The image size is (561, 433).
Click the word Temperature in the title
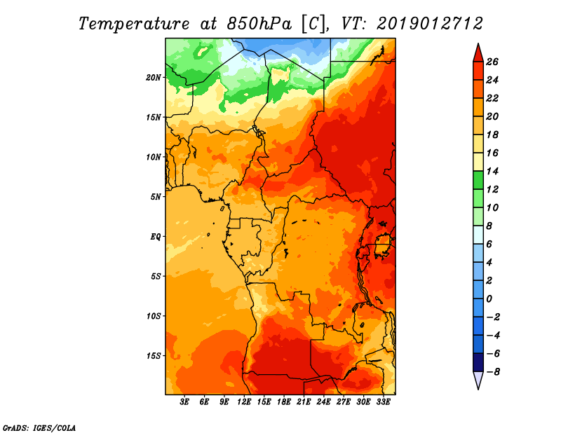(x=134, y=24)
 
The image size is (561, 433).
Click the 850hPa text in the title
(x=259, y=24)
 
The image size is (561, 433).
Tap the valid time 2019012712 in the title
(x=430, y=24)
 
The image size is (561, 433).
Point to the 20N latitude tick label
(x=153, y=78)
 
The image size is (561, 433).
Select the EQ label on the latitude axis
(x=155, y=237)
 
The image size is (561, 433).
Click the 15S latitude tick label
(x=153, y=356)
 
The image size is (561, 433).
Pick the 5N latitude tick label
(x=155, y=197)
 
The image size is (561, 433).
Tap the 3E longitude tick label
(x=184, y=402)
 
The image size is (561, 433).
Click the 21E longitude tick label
(x=304, y=402)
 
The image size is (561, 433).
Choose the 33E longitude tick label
(x=383, y=402)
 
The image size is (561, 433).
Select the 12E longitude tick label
(x=244, y=402)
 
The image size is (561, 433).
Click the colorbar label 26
(x=492, y=62)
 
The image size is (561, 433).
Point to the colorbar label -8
(x=493, y=372)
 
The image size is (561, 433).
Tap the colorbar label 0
(x=489, y=299)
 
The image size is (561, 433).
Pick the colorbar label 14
(x=492, y=171)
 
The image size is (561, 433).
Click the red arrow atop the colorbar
(x=478, y=53)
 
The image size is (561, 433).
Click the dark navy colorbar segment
(x=478, y=362)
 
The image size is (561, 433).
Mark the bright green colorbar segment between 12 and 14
(x=478, y=180)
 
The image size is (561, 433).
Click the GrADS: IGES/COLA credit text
(x=39, y=427)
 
